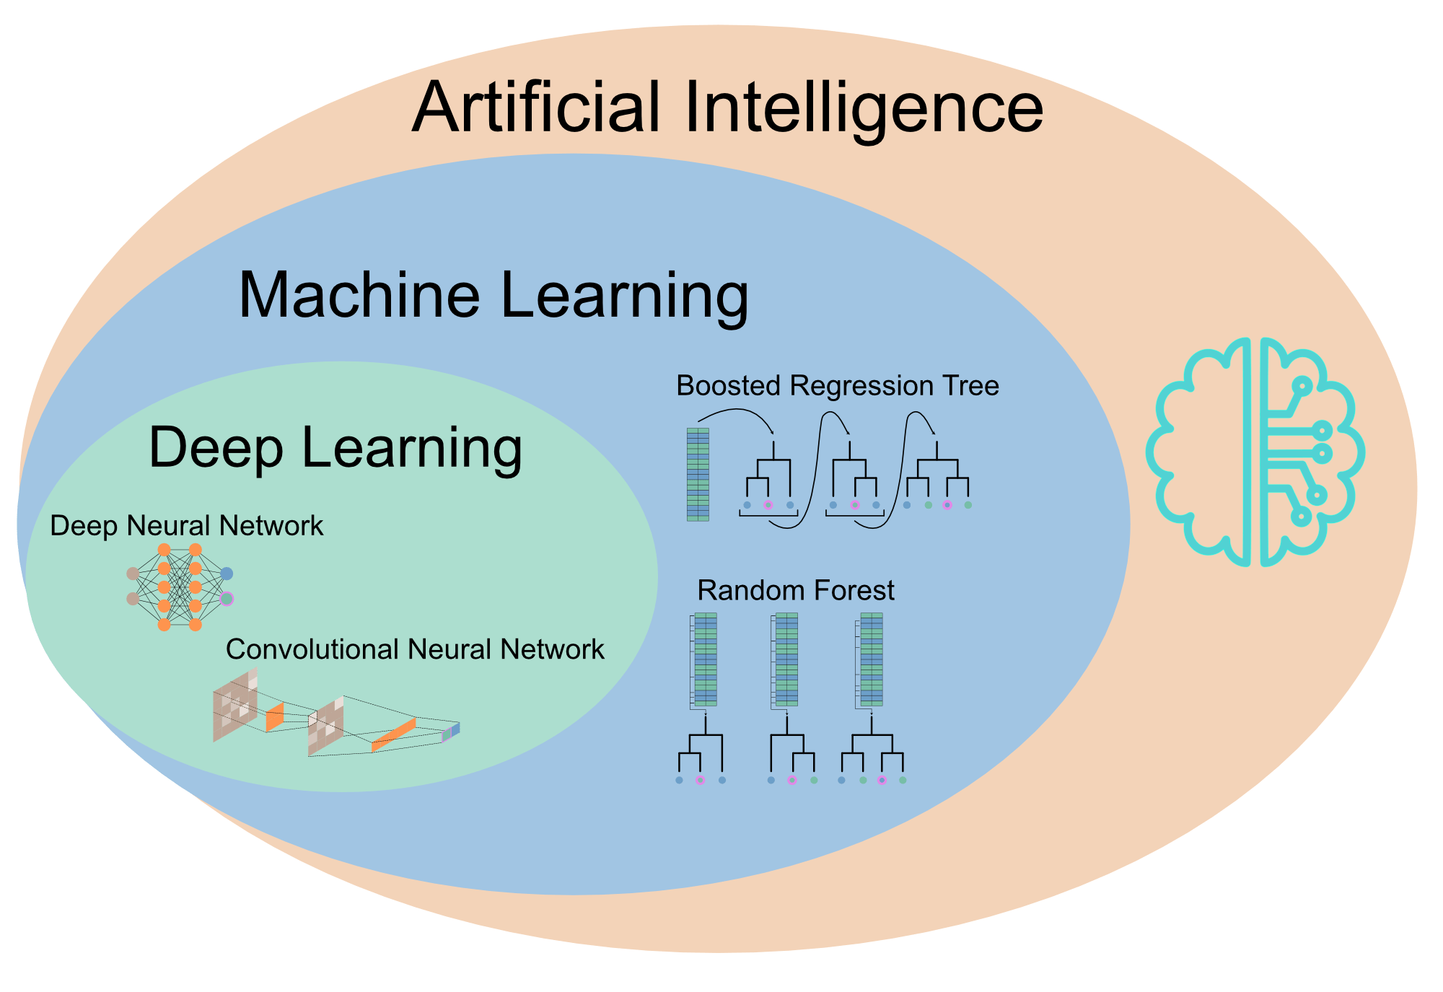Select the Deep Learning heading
(x=335, y=448)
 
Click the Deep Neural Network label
(x=186, y=526)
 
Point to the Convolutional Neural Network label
(x=415, y=649)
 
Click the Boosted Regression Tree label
(x=837, y=386)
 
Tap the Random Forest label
(x=795, y=590)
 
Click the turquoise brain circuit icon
(x=1255, y=452)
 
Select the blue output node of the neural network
(x=227, y=574)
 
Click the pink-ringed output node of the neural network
(x=227, y=598)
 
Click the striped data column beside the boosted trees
(x=698, y=474)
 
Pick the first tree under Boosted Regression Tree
(x=769, y=480)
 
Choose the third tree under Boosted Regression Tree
(x=937, y=480)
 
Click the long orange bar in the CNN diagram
(x=393, y=735)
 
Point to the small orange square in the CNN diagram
(x=275, y=717)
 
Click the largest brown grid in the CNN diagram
(x=235, y=704)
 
